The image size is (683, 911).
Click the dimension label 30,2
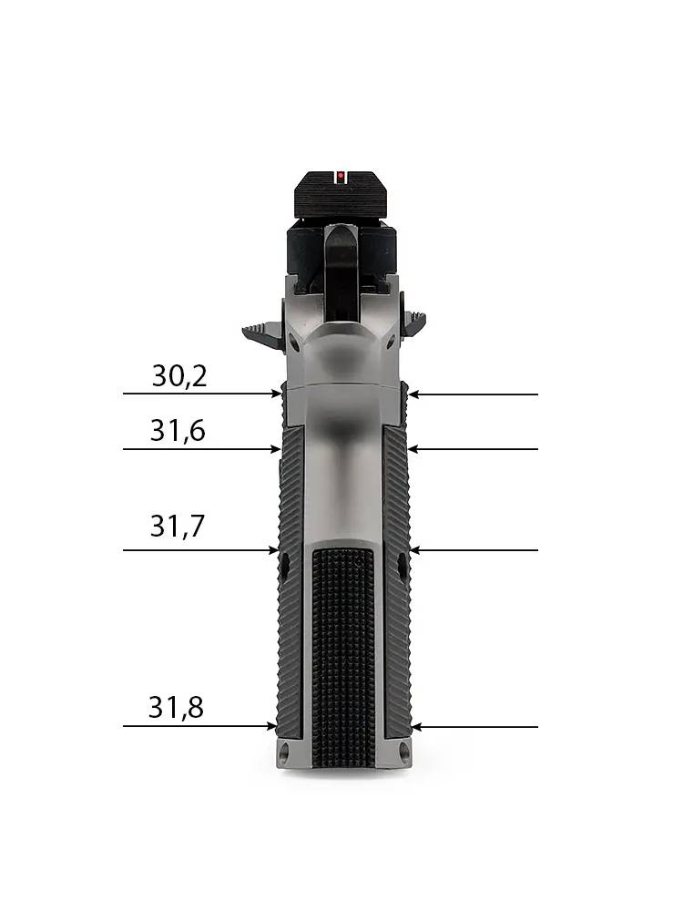click(179, 376)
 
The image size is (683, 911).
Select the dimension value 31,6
click(178, 431)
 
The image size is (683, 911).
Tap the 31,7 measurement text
click(178, 526)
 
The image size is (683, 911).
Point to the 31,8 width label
click(176, 708)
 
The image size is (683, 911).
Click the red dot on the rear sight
click(341, 175)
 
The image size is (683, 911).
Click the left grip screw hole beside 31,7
click(285, 563)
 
